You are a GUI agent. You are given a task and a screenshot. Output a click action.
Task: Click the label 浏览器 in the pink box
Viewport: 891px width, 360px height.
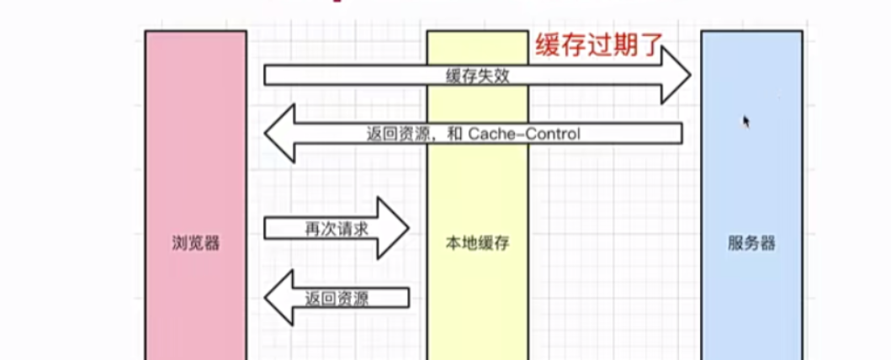[x=195, y=244]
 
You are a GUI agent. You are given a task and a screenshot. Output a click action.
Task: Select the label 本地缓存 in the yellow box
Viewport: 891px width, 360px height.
[x=477, y=244]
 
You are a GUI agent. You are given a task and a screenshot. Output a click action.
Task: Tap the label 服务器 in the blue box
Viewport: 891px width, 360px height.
[x=751, y=244]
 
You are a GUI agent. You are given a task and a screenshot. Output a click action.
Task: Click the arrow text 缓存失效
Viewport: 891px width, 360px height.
[x=478, y=76]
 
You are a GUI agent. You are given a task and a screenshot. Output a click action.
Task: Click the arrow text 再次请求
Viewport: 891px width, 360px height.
[x=336, y=229]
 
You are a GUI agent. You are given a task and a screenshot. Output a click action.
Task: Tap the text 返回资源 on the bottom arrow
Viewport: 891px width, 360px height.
[x=337, y=298]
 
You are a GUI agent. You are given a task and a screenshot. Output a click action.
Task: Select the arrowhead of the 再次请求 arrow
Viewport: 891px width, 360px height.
[x=392, y=228]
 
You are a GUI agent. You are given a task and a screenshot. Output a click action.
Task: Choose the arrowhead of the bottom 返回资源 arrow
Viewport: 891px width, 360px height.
[x=279, y=298]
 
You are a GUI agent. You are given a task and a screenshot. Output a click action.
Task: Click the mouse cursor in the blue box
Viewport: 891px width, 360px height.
[x=745, y=122]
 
